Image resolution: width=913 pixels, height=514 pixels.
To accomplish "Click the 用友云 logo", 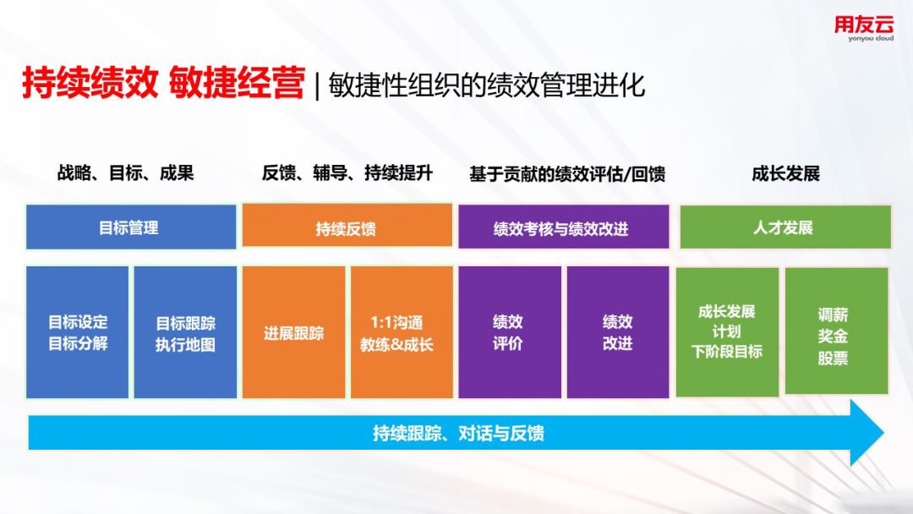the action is pos(863,28).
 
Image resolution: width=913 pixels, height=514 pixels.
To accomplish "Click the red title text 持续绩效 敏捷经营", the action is pos(164,83).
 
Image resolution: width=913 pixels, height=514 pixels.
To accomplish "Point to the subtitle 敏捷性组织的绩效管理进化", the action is pos(486,85).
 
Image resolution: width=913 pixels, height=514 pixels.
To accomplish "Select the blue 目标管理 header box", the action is pos(131,227).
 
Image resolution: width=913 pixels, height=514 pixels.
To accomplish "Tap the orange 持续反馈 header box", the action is pos(347,226).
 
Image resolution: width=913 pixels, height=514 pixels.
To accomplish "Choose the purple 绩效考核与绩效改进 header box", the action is pos(564,227).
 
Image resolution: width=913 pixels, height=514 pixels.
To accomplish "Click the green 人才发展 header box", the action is pos(785,227).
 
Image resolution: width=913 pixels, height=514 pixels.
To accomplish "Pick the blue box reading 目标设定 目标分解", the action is pos(78,332).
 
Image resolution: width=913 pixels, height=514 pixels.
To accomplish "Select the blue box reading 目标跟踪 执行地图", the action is pos(186,332).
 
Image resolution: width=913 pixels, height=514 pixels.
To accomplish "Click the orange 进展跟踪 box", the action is pos(293,332).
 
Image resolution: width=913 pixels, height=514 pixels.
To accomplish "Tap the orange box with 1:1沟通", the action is pos(402,332).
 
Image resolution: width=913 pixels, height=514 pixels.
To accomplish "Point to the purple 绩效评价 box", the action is pos(510,332).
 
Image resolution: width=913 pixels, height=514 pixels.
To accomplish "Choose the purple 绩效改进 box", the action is pos(618,332).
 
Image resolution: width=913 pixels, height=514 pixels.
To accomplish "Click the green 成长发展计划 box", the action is pos(727,332).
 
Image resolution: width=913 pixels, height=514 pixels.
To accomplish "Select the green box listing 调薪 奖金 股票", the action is pos(837,331).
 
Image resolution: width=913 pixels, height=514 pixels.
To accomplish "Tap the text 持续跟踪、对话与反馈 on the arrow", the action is pos(458,433).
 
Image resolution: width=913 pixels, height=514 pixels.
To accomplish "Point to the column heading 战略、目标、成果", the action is pos(126,173).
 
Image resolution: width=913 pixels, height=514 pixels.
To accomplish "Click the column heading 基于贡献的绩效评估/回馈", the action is pos(567,174).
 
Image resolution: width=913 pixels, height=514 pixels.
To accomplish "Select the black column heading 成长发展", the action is pos(785,173).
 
